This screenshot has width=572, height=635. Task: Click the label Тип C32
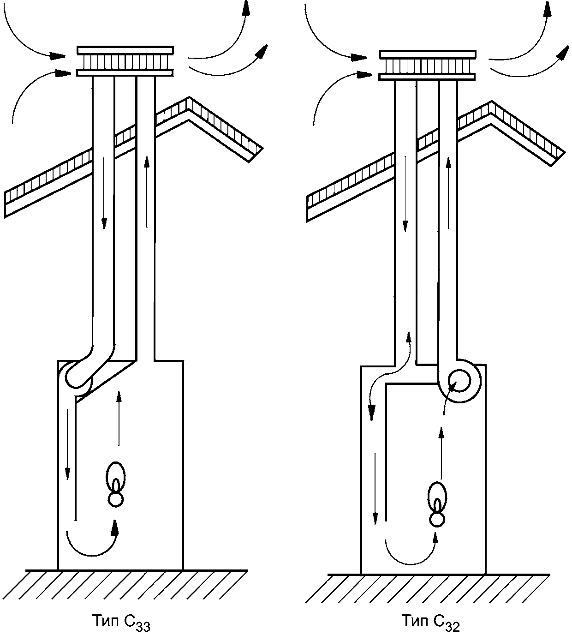(x=430, y=621)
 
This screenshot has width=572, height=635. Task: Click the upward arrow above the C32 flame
(x=441, y=453)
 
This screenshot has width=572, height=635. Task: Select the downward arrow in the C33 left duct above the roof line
(x=103, y=192)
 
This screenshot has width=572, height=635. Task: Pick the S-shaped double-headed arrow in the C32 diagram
(x=390, y=376)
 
